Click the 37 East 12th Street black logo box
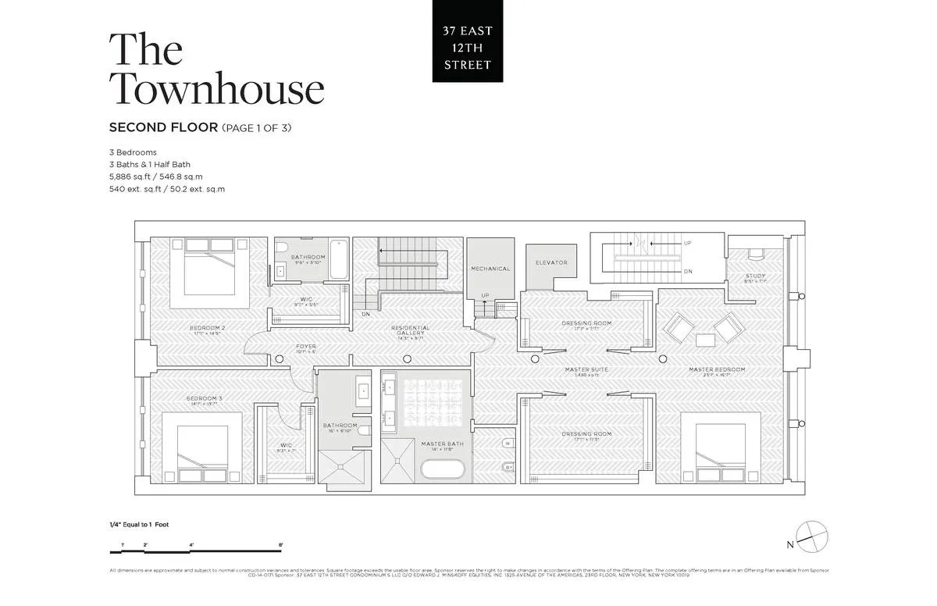[468, 41]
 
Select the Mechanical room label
[490, 269]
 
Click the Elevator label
[551, 262]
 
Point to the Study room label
[755, 276]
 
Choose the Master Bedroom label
[716, 369]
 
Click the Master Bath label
[443, 444]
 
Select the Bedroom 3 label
[205, 399]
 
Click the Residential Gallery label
[411, 328]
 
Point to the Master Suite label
[587, 369]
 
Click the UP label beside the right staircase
[687, 243]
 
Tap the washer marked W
[508, 443]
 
